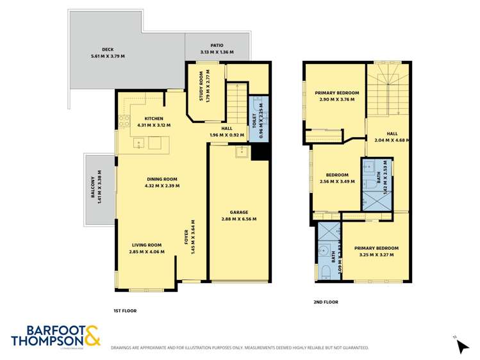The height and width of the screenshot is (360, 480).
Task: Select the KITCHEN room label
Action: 154,119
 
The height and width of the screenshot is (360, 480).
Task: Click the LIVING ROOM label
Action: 147,245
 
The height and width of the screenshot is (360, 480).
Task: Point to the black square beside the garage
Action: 260,152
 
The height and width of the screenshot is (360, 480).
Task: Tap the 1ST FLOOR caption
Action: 125,311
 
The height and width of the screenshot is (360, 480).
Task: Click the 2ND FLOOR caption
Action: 326,302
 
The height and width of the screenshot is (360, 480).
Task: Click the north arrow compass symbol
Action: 461,345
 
